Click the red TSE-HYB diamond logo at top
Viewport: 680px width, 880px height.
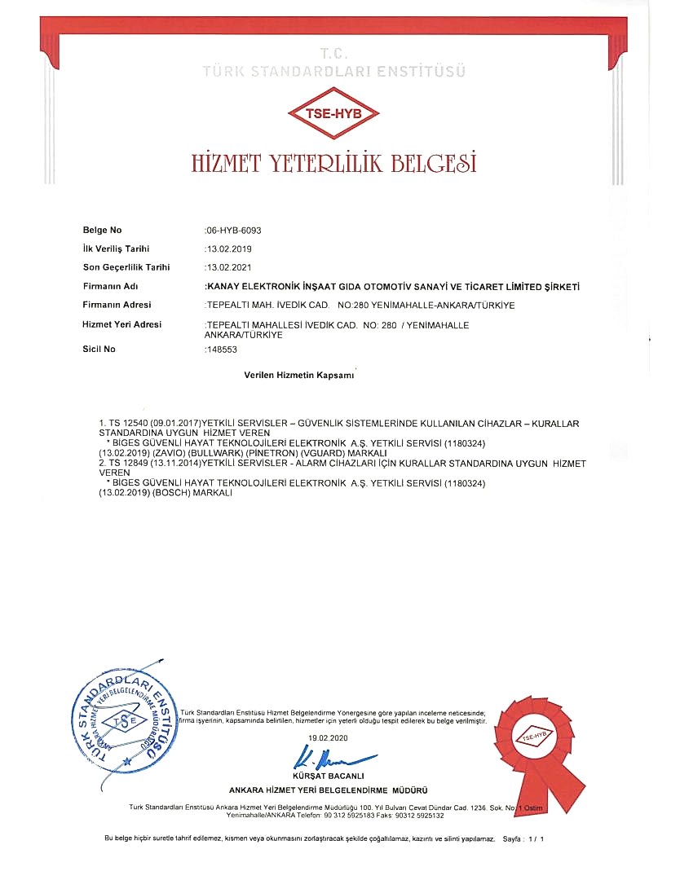[334, 114]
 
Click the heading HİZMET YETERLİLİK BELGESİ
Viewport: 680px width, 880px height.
[333, 161]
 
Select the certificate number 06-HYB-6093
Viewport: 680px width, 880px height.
[234, 231]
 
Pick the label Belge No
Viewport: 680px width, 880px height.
[103, 231]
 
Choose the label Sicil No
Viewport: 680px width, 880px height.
[99, 349]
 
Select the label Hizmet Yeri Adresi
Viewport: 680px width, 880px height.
[122, 324]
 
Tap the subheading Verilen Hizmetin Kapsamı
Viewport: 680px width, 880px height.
[299, 376]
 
